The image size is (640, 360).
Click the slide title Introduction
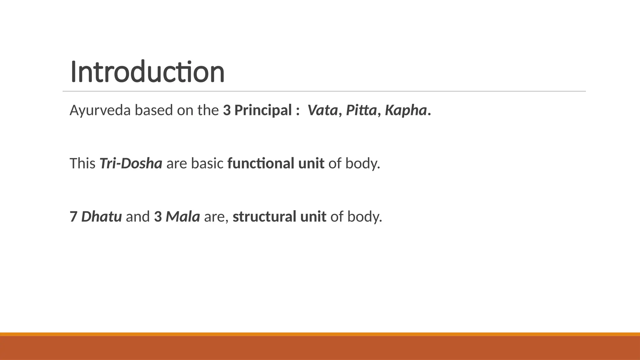[x=147, y=72]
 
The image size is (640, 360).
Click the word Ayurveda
[x=100, y=110]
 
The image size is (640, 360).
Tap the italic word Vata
[x=322, y=110]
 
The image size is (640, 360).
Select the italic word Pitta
[x=361, y=110]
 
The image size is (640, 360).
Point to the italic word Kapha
[x=406, y=110]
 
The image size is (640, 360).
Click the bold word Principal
[x=263, y=110]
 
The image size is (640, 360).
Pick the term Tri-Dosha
[x=131, y=163]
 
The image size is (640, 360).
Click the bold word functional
[x=261, y=163]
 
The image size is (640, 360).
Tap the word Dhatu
[x=102, y=217]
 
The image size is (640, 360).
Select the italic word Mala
[x=183, y=217]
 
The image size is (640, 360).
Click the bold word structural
[x=264, y=217]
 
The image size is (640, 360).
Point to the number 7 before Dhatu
[x=73, y=217]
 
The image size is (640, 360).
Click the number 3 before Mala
[x=158, y=217]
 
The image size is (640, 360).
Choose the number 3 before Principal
[x=227, y=110]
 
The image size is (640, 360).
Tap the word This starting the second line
[x=82, y=163]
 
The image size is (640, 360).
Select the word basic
[x=207, y=163]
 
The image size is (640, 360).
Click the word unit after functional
[x=311, y=163]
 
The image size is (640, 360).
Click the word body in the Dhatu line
[x=364, y=217]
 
